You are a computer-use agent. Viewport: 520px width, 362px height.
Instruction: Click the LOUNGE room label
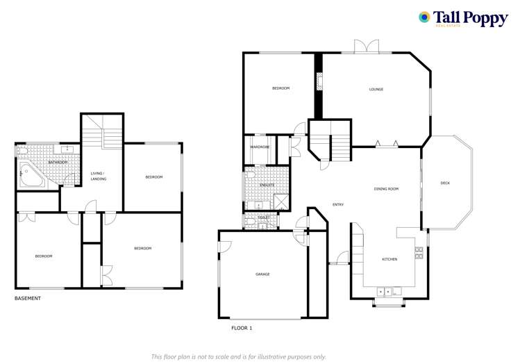tap(376, 89)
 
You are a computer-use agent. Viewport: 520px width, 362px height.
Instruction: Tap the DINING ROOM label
tap(386, 189)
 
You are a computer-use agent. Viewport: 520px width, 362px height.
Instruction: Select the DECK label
tap(445, 183)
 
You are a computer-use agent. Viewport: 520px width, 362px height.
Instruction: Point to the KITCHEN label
tap(389, 259)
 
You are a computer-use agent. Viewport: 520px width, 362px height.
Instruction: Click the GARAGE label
tap(262, 274)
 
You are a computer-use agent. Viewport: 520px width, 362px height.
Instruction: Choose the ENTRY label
tap(338, 204)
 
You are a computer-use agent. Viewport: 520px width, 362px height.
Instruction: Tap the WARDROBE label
tap(260, 147)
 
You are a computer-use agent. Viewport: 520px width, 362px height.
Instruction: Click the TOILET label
tap(263, 217)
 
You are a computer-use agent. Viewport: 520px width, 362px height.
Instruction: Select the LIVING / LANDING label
tap(97, 176)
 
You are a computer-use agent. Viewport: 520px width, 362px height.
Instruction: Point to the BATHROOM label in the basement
tap(58, 162)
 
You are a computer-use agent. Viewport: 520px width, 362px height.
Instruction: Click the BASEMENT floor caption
tap(28, 298)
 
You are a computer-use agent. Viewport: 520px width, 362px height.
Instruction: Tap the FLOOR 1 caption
tap(242, 327)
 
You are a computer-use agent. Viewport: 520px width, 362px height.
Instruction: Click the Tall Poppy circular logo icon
tap(424, 17)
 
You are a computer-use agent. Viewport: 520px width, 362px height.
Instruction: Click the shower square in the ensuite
tap(281, 201)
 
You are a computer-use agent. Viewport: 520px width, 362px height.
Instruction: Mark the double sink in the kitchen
tap(385, 290)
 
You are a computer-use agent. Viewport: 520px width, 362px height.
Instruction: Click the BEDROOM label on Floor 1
tap(280, 88)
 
